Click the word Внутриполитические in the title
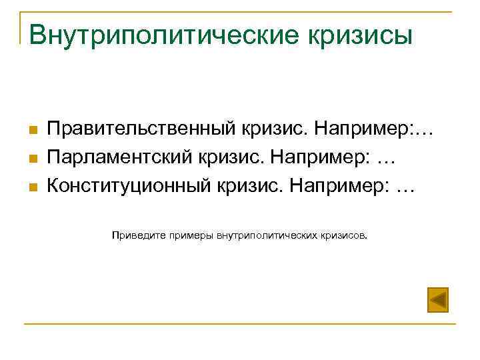pyautogui.click(x=156, y=35)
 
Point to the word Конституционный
pyautogui.click(x=127, y=187)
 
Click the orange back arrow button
pyautogui.click(x=437, y=299)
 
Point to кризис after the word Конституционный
pyautogui.click(x=249, y=187)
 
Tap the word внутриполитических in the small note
pyautogui.click(x=265, y=235)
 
